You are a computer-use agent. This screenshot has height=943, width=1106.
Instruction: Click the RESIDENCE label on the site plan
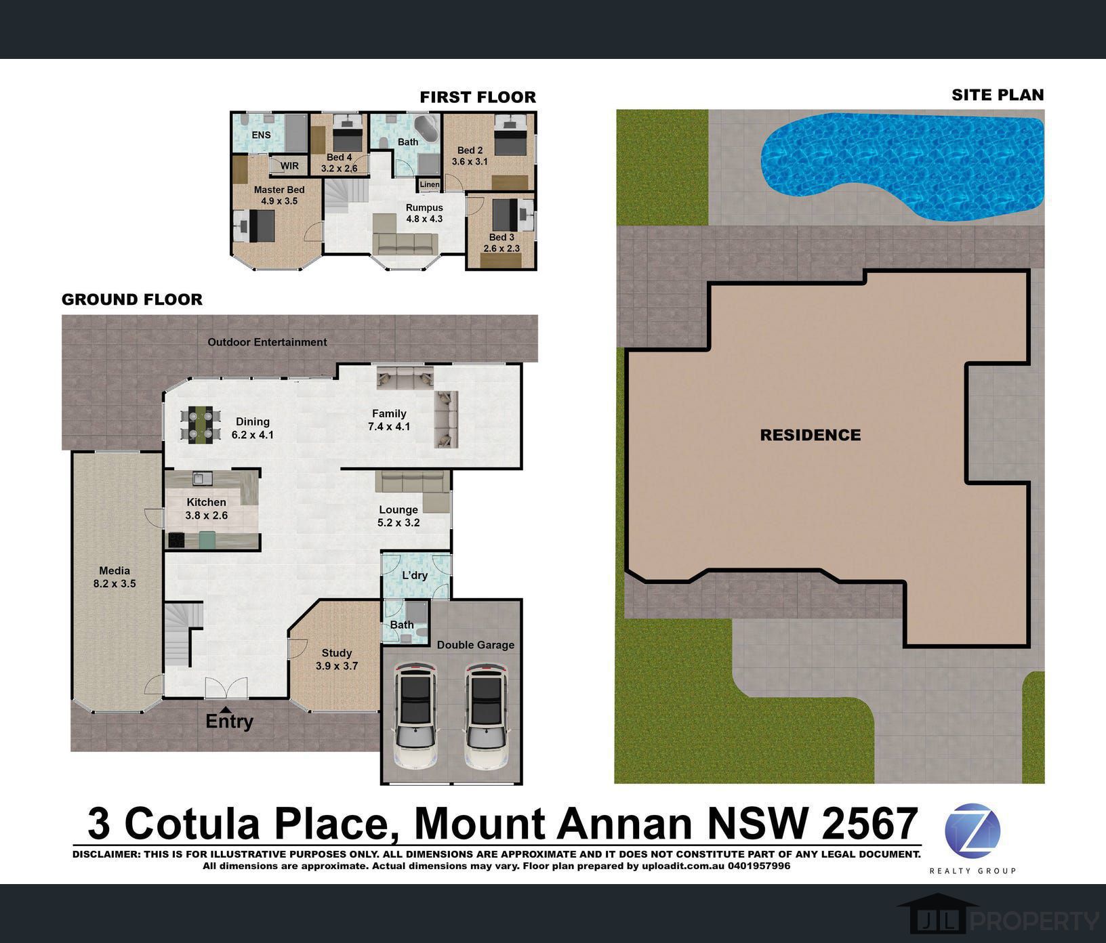coord(811,435)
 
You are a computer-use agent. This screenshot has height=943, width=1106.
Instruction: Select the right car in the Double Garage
coord(486,716)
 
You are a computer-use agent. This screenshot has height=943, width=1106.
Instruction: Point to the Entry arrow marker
coord(225,708)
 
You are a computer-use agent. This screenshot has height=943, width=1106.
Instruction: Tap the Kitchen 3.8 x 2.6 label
coord(207,509)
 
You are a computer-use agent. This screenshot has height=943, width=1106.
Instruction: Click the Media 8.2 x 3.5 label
coord(115,577)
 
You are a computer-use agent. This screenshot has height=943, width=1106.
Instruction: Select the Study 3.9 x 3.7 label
coord(337,659)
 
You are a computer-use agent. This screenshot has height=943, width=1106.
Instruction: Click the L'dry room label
coord(415,575)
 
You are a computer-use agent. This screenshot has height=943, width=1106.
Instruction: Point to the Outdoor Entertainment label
coord(267,342)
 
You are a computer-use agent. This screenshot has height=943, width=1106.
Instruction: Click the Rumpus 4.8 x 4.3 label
coord(424,213)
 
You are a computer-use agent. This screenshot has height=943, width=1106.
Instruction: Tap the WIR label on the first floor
coord(289,166)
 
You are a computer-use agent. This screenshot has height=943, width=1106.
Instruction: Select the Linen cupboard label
coord(430,184)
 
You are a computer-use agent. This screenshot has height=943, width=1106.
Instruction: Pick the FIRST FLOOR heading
coord(478,97)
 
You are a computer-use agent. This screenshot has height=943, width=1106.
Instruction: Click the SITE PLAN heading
coord(998,95)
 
